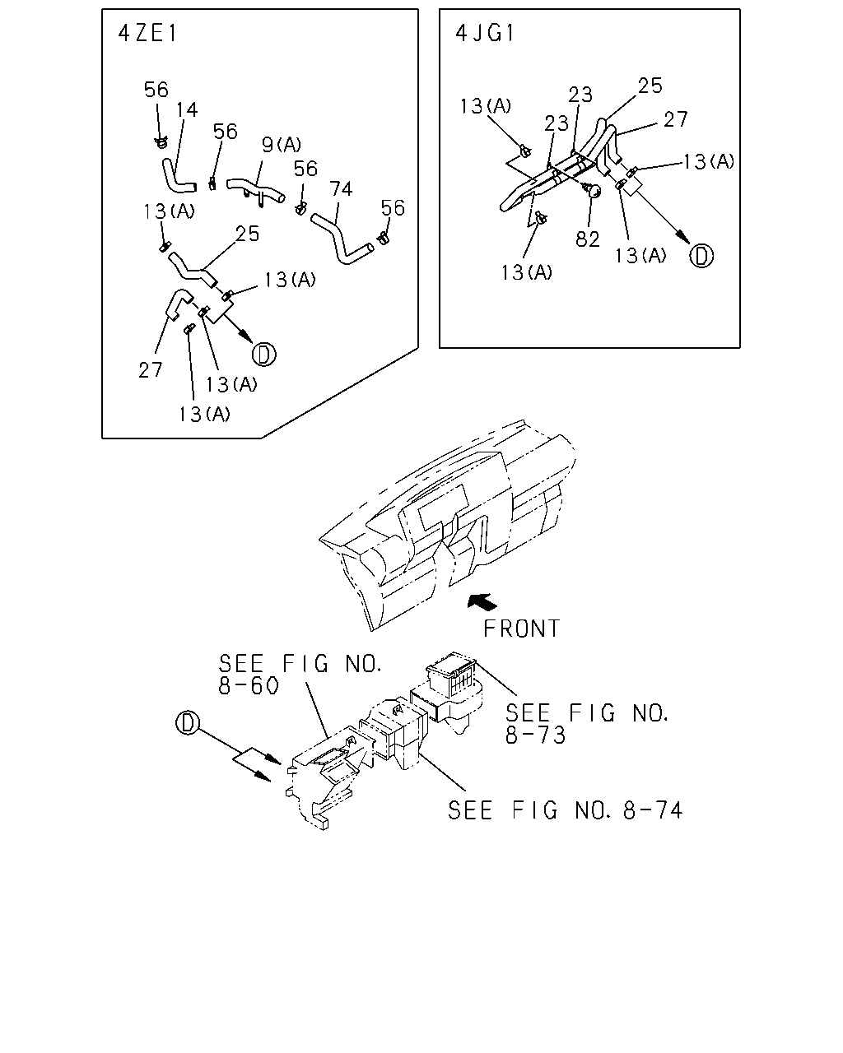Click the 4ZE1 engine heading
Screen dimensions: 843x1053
pyautogui.click(x=147, y=34)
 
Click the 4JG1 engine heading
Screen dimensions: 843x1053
pyautogui.click(x=485, y=34)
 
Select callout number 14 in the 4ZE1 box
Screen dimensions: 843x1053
pyautogui.click(x=187, y=109)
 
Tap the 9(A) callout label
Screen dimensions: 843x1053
pyautogui.click(x=282, y=144)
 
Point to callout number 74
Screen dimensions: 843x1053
pyautogui.click(x=341, y=188)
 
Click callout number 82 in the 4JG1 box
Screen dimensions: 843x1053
pyautogui.click(x=588, y=239)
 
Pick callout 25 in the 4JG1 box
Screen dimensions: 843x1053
pyautogui.click(x=650, y=86)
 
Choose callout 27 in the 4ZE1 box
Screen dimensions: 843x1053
pyautogui.click(x=150, y=370)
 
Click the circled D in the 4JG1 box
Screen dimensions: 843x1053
pyautogui.click(x=701, y=256)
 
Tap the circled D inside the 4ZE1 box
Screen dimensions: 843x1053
pyautogui.click(x=264, y=355)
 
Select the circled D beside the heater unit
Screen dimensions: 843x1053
pyautogui.click(x=187, y=723)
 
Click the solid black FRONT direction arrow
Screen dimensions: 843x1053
pyautogui.click(x=482, y=602)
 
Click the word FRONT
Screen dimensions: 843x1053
pyautogui.click(x=521, y=629)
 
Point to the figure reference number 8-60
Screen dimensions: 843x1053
pyautogui.click(x=249, y=686)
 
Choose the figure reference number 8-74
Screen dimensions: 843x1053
pyautogui.click(x=653, y=811)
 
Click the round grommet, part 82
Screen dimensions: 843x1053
pyautogui.click(x=592, y=190)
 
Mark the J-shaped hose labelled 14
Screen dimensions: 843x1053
pyautogui.click(x=177, y=177)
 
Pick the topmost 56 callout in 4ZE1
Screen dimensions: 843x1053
pyautogui.click(x=156, y=90)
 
